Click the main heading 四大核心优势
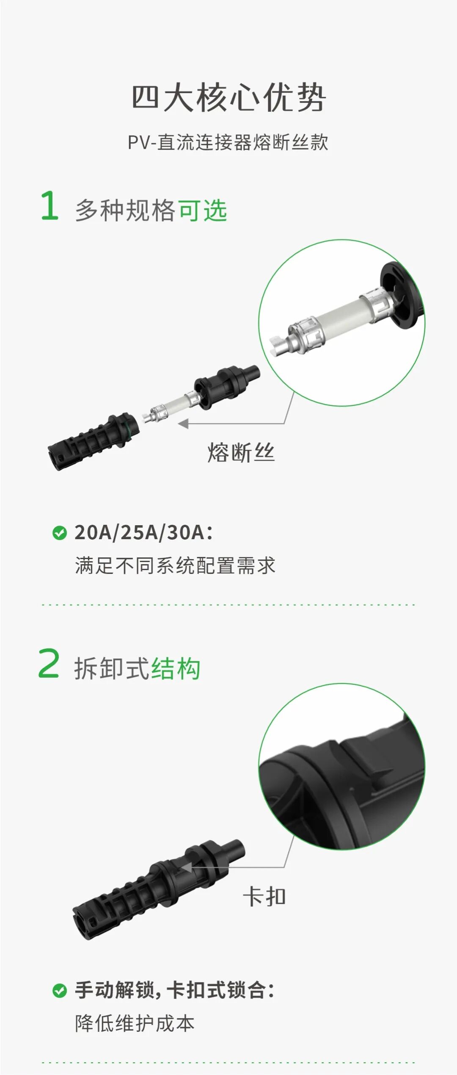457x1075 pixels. coord(228,98)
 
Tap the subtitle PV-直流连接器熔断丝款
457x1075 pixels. coord(228,143)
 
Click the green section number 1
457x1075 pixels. coord(50,206)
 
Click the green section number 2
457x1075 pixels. coord(49,664)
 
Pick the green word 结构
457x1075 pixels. coord(176,669)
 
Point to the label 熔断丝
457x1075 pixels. coord(241,452)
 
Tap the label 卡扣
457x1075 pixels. coord(264,897)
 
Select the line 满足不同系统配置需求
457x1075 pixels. coord(175,565)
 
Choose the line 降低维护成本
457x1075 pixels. coord(135,1024)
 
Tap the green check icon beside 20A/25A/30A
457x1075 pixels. coord(60,533)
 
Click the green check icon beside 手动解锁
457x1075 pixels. coord(60,991)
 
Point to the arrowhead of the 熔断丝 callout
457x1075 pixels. coord(183,424)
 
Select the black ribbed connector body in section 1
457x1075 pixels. coord(93,442)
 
